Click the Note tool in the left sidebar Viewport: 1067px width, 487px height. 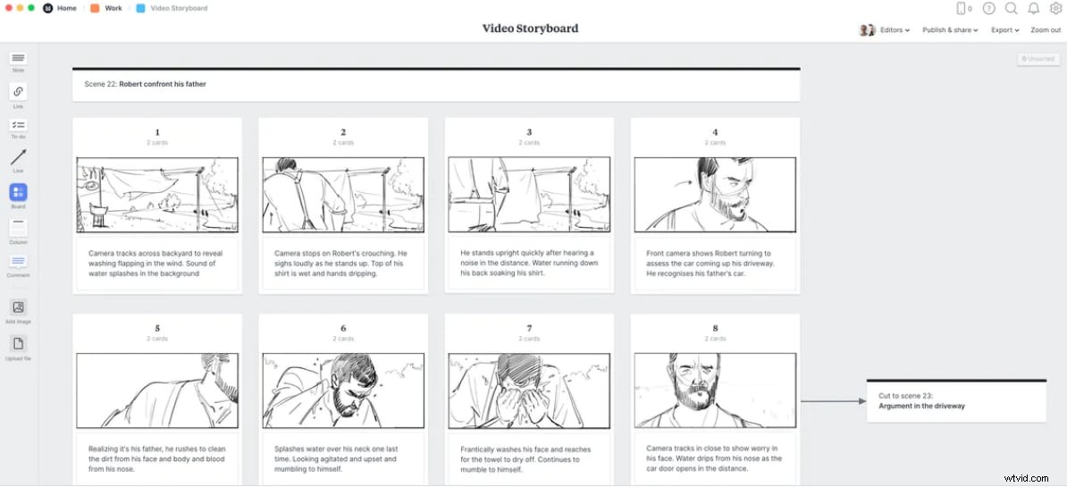tap(18, 58)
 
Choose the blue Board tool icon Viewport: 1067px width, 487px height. tap(18, 192)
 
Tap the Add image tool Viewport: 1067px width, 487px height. tap(18, 307)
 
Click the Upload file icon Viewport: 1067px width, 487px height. tap(18, 344)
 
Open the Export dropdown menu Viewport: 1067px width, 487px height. tap(1004, 30)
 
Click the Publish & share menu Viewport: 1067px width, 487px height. tap(949, 30)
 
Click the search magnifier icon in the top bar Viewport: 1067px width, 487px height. tap(1012, 8)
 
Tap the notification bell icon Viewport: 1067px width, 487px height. tap(1034, 8)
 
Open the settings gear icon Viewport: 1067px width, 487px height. tap(1055, 8)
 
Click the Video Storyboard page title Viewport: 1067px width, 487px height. tap(530, 29)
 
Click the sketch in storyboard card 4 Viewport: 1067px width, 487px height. tap(715, 195)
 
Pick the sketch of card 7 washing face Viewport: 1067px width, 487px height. tap(529, 390)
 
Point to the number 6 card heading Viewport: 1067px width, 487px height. tap(343, 328)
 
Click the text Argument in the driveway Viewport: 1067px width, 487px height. tap(921, 406)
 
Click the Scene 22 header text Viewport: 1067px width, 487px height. tap(145, 84)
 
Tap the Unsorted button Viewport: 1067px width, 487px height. tap(1038, 59)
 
